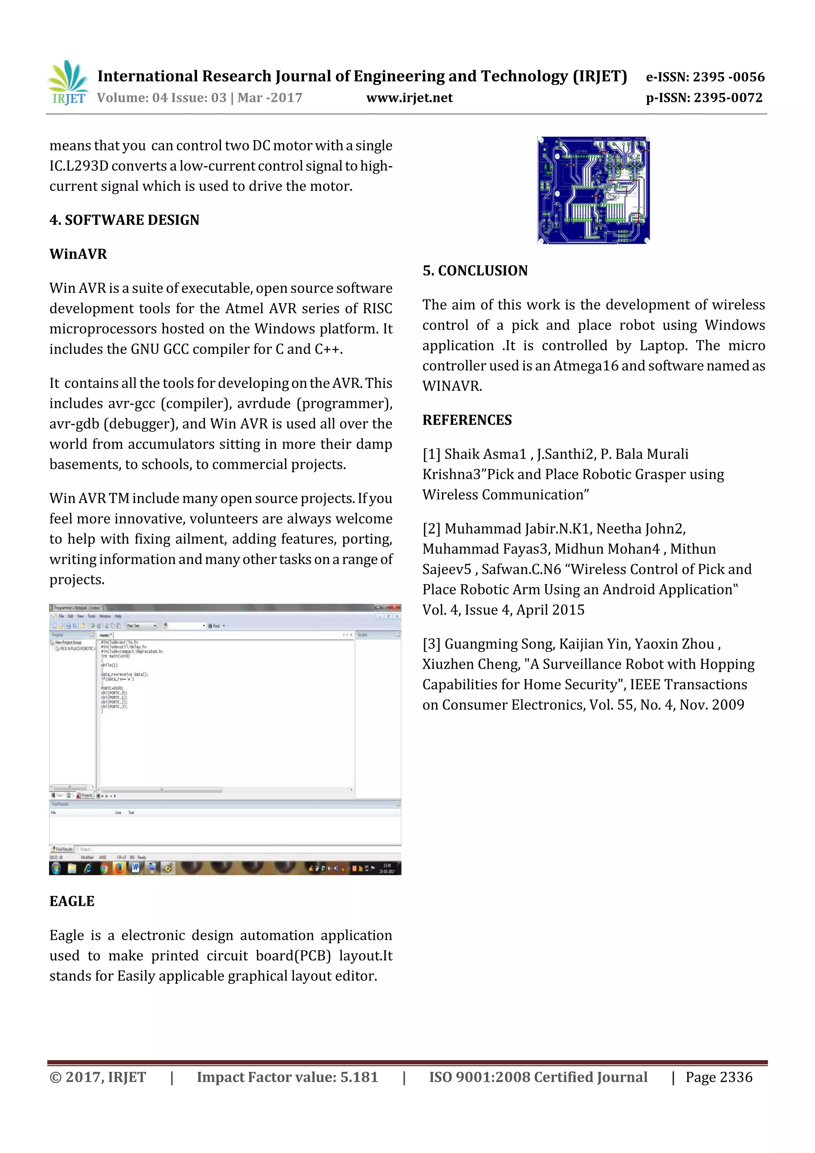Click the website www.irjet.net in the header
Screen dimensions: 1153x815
(409, 98)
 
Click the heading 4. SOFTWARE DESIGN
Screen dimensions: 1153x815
(124, 220)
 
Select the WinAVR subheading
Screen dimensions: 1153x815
(78, 254)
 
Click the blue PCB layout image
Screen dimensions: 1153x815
(593, 190)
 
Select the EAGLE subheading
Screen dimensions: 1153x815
(72, 901)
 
